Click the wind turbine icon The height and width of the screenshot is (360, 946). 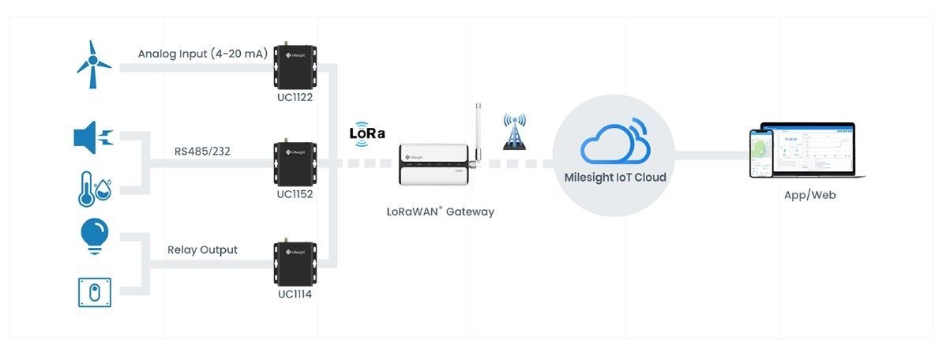click(93, 63)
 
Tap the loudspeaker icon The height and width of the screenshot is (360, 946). click(93, 138)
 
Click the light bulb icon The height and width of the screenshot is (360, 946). click(95, 235)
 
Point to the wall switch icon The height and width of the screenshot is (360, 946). click(95, 292)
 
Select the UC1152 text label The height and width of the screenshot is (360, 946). click(295, 194)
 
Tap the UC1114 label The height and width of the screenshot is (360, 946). click(295, 294)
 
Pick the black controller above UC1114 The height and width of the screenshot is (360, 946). click(295, 263)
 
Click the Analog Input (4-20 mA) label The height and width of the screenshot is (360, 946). click(202, 54)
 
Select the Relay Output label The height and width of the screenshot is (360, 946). click(202, 250)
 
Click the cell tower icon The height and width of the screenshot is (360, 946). click(514, 132)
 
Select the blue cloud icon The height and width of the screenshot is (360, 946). click(615, 142)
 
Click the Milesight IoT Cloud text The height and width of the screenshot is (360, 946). click(615, 178)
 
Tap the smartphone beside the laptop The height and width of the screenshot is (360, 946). click(760, 154)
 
